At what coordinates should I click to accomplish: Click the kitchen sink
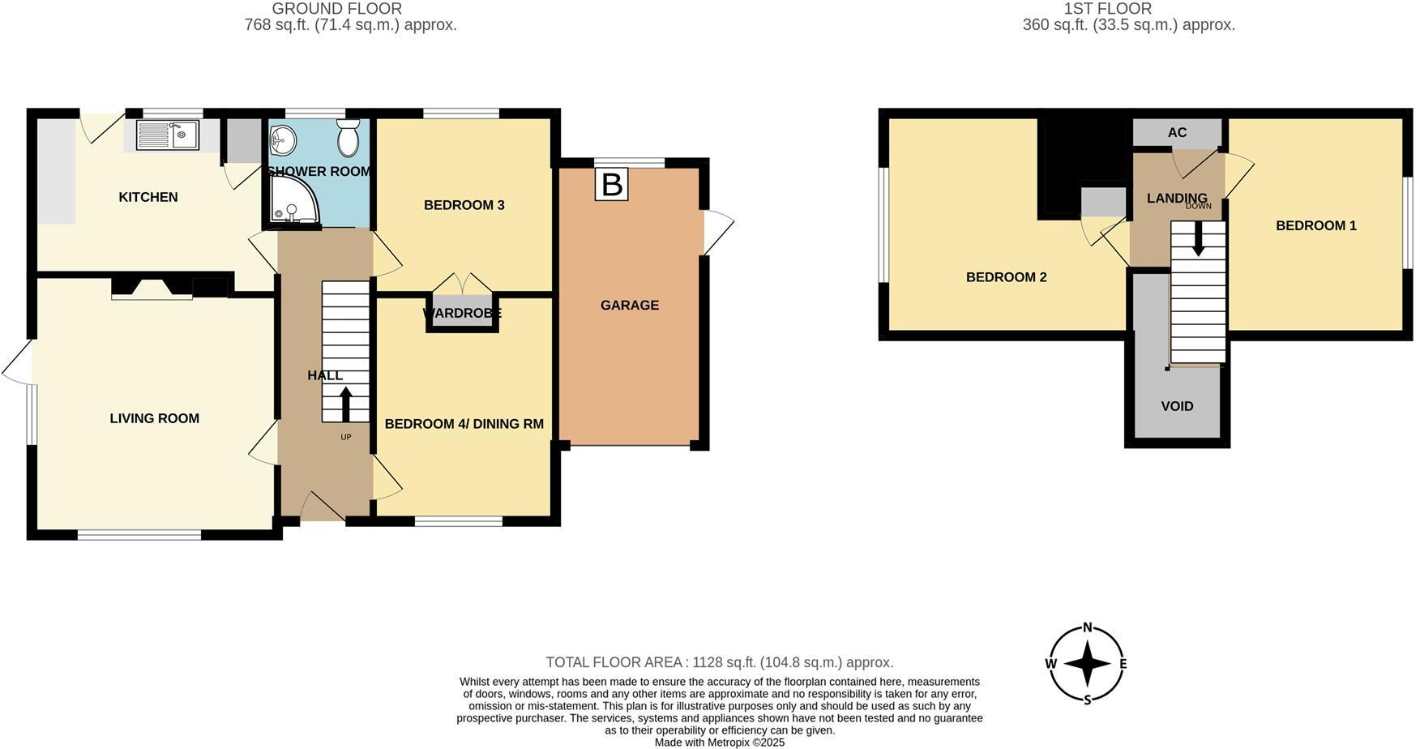tap(168, 135)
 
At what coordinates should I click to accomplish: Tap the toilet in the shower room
tap(349, 139)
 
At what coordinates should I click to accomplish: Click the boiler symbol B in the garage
tap(612, 184)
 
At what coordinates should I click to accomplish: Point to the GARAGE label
tap(630, 306)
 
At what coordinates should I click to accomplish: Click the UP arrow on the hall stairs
tap(346, 404)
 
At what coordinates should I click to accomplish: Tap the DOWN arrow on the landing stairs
tap(1198, 241)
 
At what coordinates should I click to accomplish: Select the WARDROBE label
tap(462, 313)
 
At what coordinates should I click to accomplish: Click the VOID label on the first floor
tap(1177, 406)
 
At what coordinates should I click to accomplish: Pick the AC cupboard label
tap(1177, 132)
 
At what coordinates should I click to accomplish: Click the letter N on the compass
tap(1088, 627)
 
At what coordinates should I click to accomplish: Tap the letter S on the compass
tap(1088, 700)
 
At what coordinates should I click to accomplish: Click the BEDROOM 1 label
tap(1315, 225)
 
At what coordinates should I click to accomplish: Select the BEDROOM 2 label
tap(1006, 277)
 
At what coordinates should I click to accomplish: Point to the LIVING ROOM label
tap(155, 418)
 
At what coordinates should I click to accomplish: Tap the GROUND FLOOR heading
tap(336, 9)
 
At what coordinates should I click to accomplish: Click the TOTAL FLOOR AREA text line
tap(719, 662)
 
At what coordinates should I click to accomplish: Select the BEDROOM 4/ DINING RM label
tap(464, 424)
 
